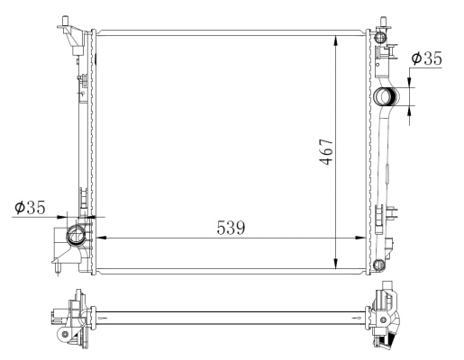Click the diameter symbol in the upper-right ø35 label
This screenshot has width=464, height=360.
point(415,58)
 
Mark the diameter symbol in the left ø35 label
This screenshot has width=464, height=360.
point(21,208)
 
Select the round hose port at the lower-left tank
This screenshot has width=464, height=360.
point(77,238)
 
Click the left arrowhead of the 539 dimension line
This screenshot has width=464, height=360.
point(99,238)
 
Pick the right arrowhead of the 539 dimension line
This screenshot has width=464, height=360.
point(365,238)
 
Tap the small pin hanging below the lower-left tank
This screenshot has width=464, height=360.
point(57,268)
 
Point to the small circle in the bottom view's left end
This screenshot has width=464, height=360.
point(65,335)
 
